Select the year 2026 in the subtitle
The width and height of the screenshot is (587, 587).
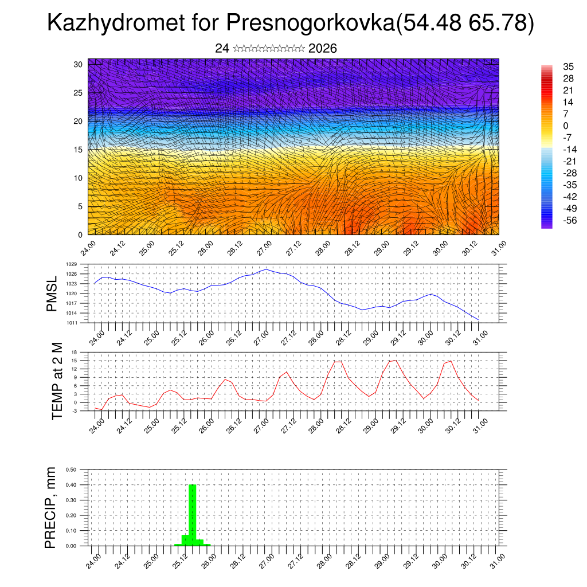tap(322, 49)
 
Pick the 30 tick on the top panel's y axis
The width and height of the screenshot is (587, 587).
tap(79, 64)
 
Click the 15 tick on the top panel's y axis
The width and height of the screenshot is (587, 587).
tap(79, 150)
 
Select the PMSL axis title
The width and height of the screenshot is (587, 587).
tap(52, 293)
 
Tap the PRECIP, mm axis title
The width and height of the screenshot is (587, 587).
tap(52, 507)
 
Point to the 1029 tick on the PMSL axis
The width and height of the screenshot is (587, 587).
tap(72, 264)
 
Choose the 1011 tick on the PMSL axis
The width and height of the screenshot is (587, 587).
tap(72, 323)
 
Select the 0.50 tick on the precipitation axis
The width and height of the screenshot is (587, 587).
tap(72, 469)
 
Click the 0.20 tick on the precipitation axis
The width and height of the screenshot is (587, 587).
tap(72, 515)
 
